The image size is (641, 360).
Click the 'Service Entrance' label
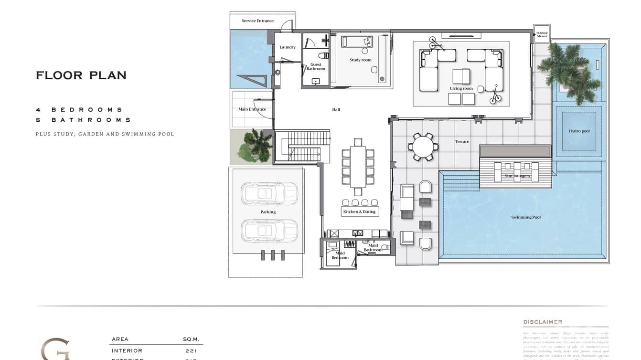click(x=257, y=21)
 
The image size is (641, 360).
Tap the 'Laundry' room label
click(x=288, y=47)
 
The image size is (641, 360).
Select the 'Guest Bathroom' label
click(x=316, y=67)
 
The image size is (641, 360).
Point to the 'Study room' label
click(x=360, y=60)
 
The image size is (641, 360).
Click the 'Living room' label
click(x=461, y=88)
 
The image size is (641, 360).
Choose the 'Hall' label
click(x=336, y=109)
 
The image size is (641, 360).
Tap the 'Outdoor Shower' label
click(x=542, y=35)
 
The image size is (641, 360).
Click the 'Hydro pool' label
click(x=579, y=131)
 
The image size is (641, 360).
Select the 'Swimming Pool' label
click(x=526, y=217)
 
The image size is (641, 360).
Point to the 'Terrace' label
click(x=462, y=141)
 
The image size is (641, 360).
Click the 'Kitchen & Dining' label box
click(x=360, y=212)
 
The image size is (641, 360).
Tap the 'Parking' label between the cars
click(x=268, y=212)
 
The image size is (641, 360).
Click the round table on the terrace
click(x=423, y=147)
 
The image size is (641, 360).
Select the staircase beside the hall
click(x=302, y=147)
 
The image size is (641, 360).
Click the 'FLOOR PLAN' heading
click(x=81, y=75)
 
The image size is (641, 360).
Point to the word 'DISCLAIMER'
click(x=543, y=322)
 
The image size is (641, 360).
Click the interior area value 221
click(x=190, y=351)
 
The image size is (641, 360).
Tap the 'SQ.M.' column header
click(x=191, y=339)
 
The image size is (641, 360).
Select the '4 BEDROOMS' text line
click(x=79, y=110)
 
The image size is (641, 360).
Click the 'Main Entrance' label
click(x=252, y=109)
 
